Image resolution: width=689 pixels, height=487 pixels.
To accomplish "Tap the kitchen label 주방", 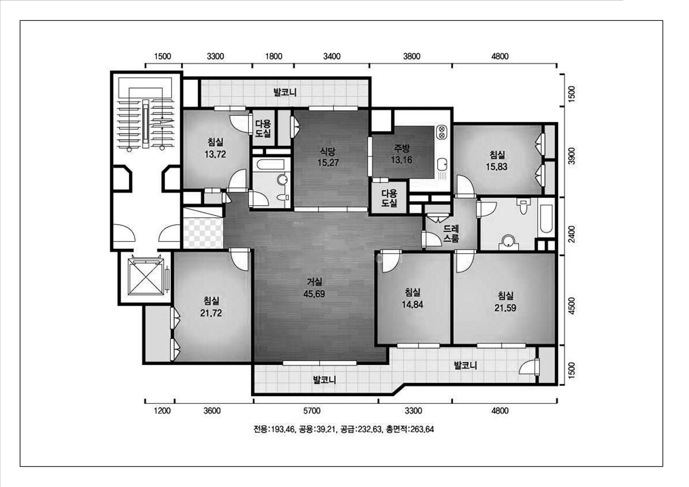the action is point(401,148).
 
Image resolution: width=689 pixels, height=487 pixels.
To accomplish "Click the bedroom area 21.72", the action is point(211,313).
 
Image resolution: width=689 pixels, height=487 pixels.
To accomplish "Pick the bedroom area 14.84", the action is point(413,305).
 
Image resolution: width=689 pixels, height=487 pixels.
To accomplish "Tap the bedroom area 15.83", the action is point(497,167).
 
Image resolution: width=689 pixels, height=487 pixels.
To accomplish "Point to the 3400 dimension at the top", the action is point(332,56).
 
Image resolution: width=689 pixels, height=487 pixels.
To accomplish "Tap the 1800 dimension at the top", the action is point(274,56).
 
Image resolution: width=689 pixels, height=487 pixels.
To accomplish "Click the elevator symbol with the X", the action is point(146,277).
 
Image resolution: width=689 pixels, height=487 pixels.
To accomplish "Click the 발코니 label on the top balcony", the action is point(285,92).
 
